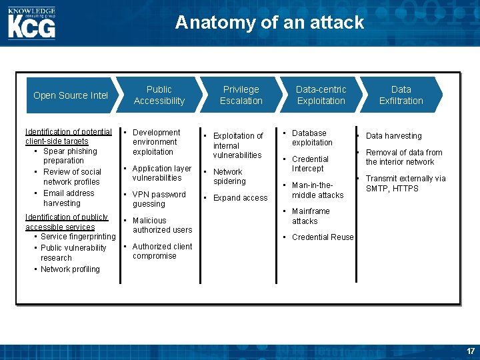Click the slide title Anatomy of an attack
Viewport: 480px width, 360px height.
(269, 23)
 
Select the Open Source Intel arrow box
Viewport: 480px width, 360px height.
(71, 95)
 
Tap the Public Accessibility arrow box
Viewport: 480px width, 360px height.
(159, 95)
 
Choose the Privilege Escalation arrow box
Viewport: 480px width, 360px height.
(241, 95)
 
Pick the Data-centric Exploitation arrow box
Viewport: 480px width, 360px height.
(321, 95)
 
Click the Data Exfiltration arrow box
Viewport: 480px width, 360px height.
(401, 95)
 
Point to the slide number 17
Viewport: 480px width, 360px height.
(471, 351)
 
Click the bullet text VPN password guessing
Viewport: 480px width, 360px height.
(159, 199)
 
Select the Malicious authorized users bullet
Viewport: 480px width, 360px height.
(162, 225)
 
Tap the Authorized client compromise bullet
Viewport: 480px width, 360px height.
(162, 251)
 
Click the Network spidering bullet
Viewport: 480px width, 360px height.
(229, 177)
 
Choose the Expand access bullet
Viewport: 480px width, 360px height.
(240, 198)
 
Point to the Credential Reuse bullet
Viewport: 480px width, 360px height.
(323, 237)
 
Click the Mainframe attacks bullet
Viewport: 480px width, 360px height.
(310, 216)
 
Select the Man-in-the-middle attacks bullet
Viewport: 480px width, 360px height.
(317, 190)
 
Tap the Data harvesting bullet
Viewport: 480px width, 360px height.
(393, 136)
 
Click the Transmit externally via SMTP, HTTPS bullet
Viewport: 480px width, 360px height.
(405, 183)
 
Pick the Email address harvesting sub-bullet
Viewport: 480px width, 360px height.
(69, 198)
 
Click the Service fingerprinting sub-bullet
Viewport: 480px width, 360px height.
(77, 237)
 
